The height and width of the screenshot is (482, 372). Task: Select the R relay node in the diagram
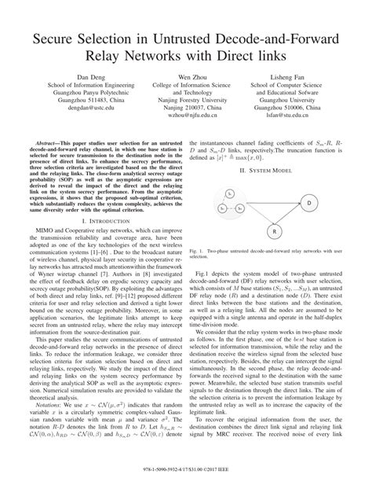[x=275, y=233]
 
